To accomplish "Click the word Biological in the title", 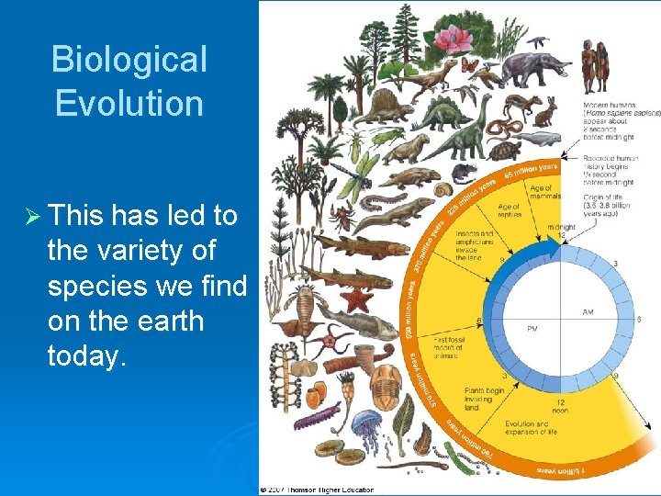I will point(129,60).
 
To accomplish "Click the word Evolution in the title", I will point(129,103).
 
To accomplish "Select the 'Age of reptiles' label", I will point(509,211).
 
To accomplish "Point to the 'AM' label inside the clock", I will point(588,312).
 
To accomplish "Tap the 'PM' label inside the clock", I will point(532,328).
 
